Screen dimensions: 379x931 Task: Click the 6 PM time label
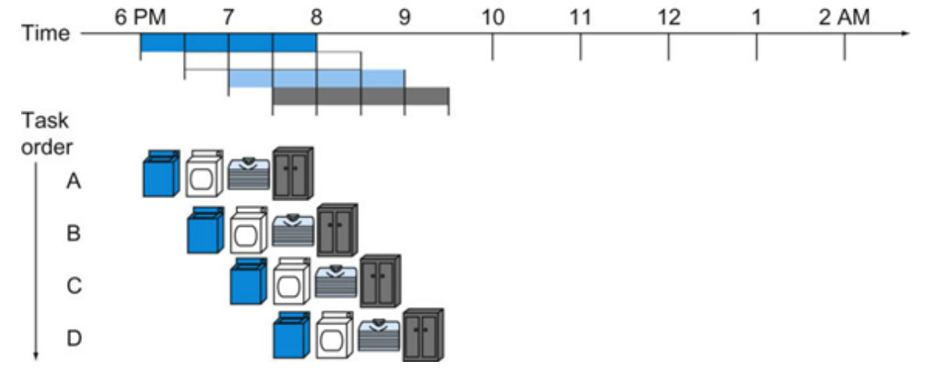(x=140, y=17)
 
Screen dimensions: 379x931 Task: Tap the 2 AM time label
(x=844, y=17)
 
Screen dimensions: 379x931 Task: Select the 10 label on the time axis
(x=492, y=17)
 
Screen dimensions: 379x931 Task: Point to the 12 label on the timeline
(x=668, y=17)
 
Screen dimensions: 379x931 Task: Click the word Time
(x=45, y=34)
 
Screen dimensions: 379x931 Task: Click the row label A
(x=74, y=181)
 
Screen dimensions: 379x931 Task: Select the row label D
(x=74, y=338)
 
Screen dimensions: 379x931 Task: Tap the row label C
(x=74, y=286)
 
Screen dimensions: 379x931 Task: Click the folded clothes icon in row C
(x=336, y=281)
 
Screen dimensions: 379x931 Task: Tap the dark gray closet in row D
(x=423, y=335)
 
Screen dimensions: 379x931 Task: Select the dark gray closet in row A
(x=293, y=173)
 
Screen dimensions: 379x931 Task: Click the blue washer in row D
(x=293, y=335)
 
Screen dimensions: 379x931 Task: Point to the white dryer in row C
(x=292, y=282)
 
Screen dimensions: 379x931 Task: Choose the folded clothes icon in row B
(x=293, y=231)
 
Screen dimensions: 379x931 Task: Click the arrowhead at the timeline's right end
(x=905, y=34)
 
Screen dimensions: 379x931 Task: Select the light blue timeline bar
(x=317, y=78)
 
